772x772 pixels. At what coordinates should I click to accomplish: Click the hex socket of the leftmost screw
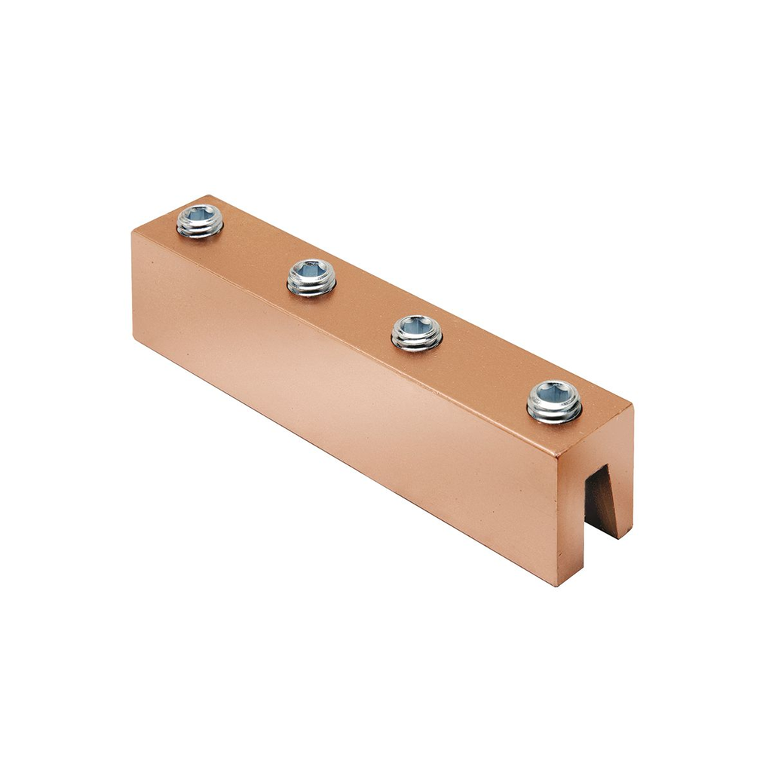tap(201, 215)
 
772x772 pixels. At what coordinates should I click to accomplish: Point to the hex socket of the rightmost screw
tap(555, 394)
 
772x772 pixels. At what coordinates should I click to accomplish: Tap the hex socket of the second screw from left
tap(312, 270)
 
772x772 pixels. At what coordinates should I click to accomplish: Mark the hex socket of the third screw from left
tap(417, 325)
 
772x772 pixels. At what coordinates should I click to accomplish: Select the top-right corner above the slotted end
tap(632, 407)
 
